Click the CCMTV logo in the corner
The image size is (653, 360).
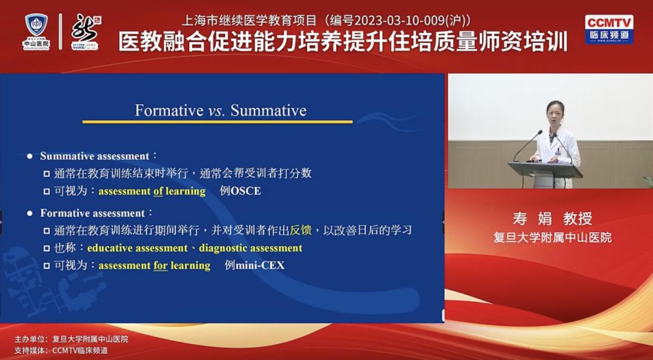(x=609, y=30)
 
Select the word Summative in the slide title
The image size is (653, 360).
(x=268, y=110)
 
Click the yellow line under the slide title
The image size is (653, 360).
(x=218, y=122)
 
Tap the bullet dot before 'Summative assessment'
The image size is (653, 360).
(x=30, y=157)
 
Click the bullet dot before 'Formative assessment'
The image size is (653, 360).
(x=30, y=214)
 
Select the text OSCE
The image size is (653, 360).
(x=245, y=191)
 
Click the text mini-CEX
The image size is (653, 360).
(x=260, y=266)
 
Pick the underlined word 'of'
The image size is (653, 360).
(x=158, y=191)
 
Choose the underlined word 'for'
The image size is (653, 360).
(x=160, y=266)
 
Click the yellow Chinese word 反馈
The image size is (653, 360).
(x=301, y=231)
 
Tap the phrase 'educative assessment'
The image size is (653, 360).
(x=137, y=248)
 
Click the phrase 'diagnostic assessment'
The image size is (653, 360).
(x=251, y=248)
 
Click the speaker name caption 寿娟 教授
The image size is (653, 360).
(x=552, y=218)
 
